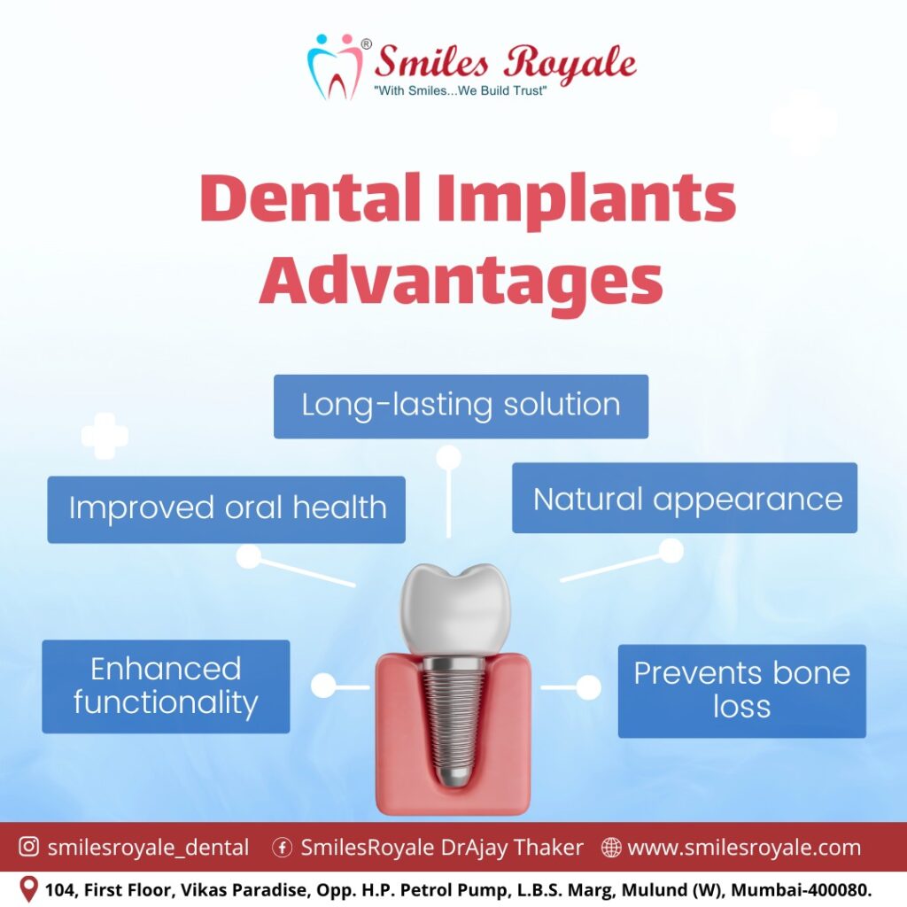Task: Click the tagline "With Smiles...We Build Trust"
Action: pyautogui.click(x=461, y=91)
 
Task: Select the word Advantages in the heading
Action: pyautogui.click(x=461, y=281)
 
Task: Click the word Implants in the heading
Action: pyautogui.click(x=586, y=199)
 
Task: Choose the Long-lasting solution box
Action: pyautogui.click(x=461, y=406)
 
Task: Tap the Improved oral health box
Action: pyautogui.click(x=226, y=509)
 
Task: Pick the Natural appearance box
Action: pyautogui.click(x=685, y=498)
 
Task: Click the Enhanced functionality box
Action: pyautogui.click(x=166, y=686)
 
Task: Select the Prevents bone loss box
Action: pyautogui.click(x=742, y=691)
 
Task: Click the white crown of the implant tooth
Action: pyautogui.click(x=455, y=609)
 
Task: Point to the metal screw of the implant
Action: pyautogui.click(x=453, y=721)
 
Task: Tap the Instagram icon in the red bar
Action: pyautogui.click(x=29, y=846)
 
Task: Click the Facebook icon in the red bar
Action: pyautogui.click(x=283, y=848)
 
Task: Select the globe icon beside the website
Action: pyautogui.click(x=611, y=848)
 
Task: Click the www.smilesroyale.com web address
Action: pyautogui.click(x=744, y=848)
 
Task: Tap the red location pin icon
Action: pyautogui.click(x=28, y=888)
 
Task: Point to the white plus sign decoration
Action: pyautogui.click(x=105, y=436)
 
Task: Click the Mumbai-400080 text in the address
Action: pyautogui.click(x=801, y=889)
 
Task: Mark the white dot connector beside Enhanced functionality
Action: pyautogui.click(x=323, y=686)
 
